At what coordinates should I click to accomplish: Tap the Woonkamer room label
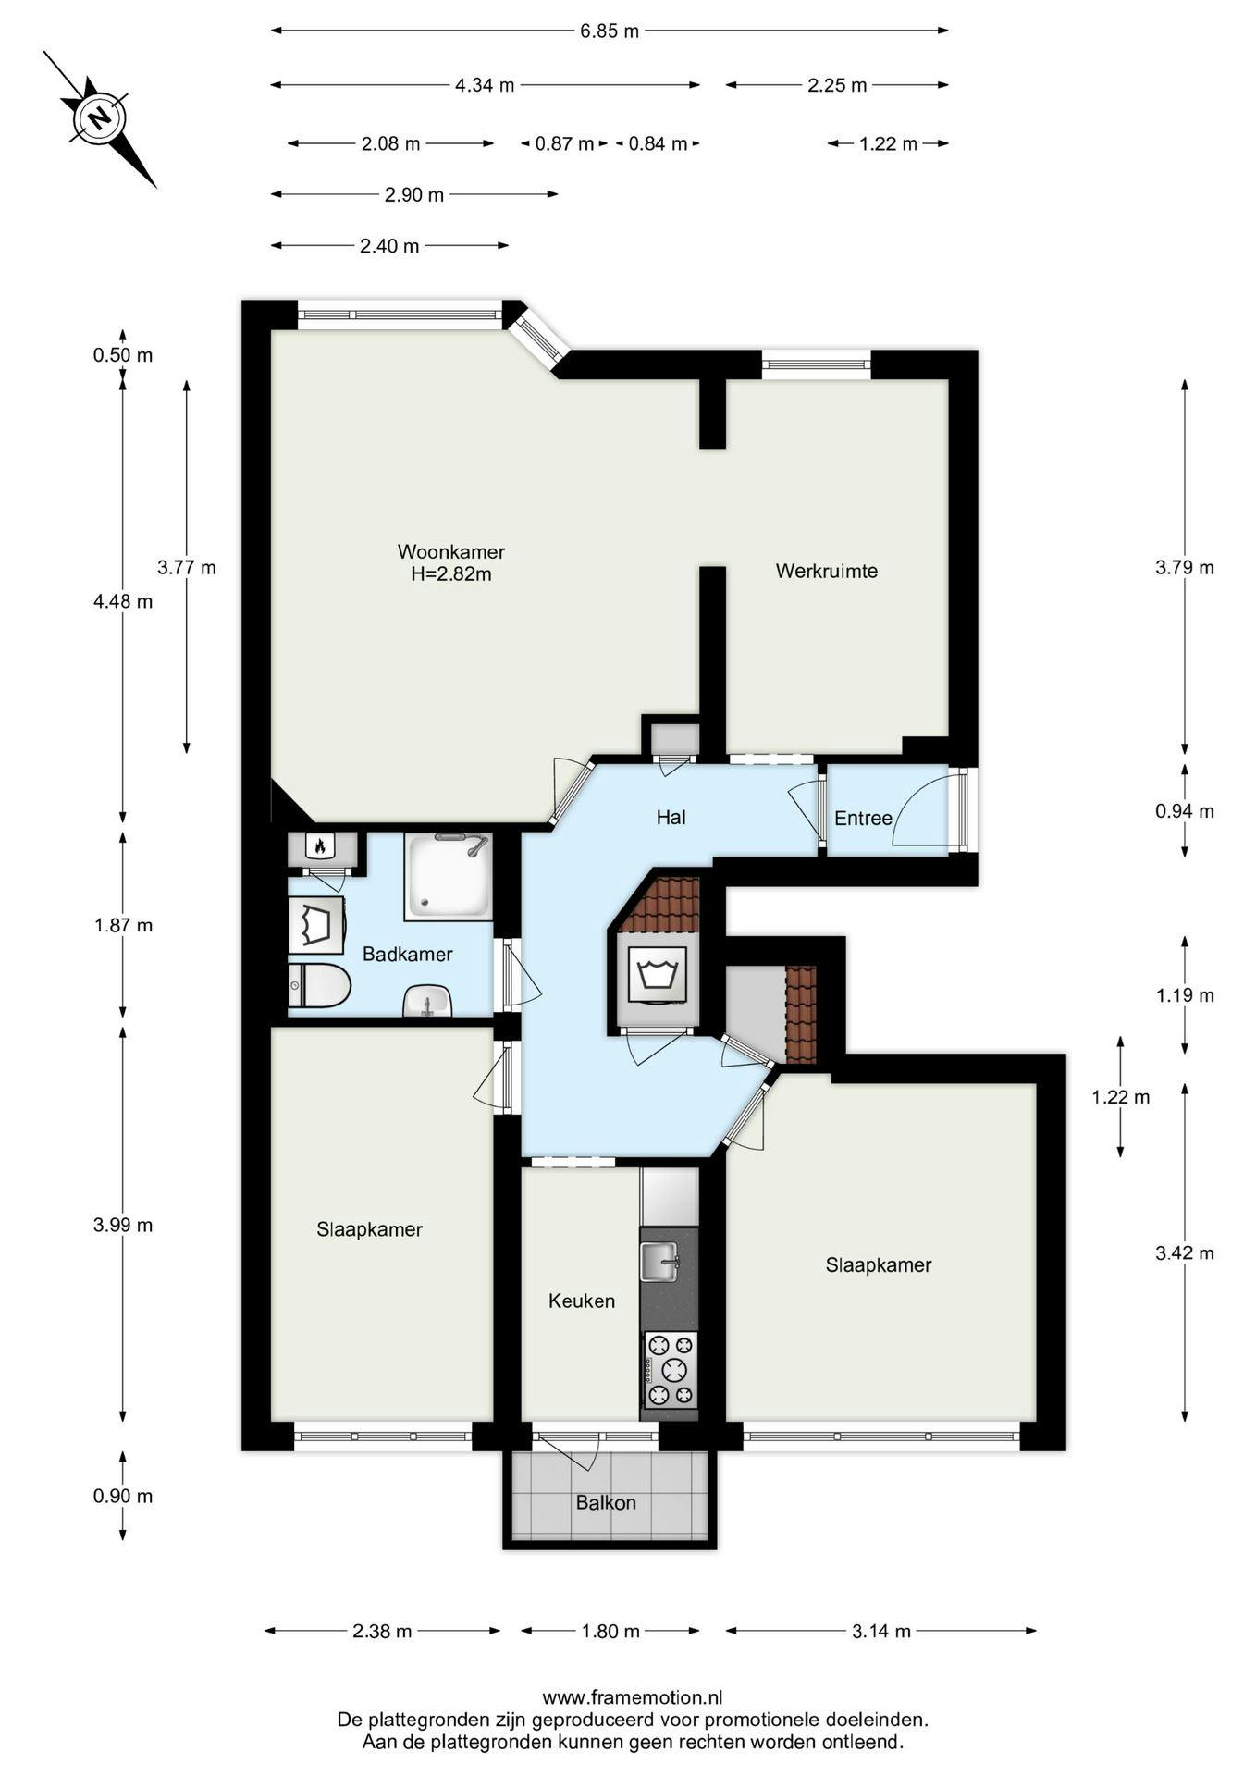coord(450,551)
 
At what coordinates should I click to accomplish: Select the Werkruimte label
coord(826,571)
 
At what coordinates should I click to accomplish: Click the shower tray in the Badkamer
coord(448,876)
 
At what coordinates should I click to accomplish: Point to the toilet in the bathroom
coord(318,986)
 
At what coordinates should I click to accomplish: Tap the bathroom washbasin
coord(426,1001)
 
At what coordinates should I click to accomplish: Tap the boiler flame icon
coord(319,845)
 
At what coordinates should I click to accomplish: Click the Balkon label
coord(606,1502)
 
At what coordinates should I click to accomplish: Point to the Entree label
coord(862,818)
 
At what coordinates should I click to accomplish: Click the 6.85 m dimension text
coord(610,31)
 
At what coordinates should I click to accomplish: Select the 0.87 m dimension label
coord(564,143)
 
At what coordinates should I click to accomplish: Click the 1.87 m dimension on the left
coord(123,925)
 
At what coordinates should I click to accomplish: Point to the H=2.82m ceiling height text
coord(450,573)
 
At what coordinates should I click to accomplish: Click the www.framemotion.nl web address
coord(632,1697)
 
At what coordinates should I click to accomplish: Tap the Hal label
coord(671,817)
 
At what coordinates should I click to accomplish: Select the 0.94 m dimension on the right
coord(1184,811)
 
